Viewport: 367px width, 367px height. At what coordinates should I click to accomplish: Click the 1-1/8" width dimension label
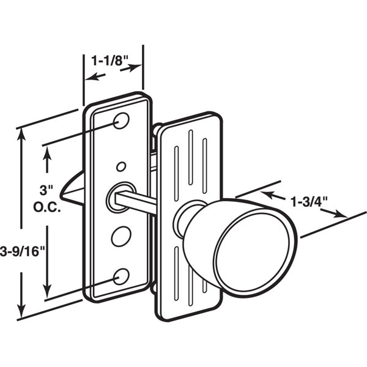[109, 61]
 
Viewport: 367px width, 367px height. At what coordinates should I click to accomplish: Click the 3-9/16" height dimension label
[22, 251]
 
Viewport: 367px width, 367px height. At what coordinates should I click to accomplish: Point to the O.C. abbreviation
[47, 207]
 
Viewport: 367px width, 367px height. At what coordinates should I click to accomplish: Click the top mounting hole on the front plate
[121, 120]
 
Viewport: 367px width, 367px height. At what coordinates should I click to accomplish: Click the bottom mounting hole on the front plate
[121, 276]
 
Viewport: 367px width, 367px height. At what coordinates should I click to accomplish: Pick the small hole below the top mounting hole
[121, 166]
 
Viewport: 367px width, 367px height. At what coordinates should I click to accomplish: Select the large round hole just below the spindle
[121, 236]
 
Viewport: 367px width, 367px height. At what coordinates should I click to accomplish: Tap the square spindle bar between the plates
[136, 201]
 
